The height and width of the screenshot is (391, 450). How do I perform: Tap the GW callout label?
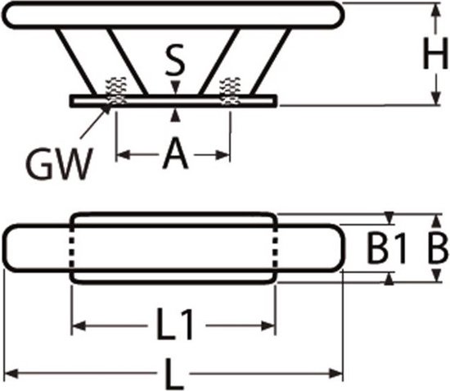click(56, 165)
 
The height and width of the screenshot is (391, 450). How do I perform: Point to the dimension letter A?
click(174, 153)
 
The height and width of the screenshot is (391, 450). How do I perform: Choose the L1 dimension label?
click(174, 327)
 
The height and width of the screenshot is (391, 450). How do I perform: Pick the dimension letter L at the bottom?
click(173, 376)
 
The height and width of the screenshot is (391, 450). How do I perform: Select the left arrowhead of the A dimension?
click(121, 153)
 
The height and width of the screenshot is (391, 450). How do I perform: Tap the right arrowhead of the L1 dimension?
click(272, 326)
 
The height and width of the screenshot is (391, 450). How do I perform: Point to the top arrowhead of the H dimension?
click(431, 7)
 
